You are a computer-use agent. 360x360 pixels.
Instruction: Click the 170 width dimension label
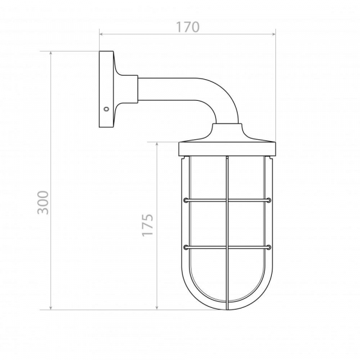[188, 27]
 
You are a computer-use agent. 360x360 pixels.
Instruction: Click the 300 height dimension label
[43, 203]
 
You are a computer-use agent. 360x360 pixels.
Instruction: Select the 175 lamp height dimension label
[148, 225]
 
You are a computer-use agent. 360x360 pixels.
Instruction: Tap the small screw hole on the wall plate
[106, 109]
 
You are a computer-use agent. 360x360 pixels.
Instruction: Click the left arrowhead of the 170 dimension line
[101, 34]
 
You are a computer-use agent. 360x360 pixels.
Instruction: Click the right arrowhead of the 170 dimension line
[274, 34]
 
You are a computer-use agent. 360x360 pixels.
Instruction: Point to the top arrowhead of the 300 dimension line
[51, 53]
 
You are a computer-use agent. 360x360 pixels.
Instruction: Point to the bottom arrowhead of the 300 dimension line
[51, 308]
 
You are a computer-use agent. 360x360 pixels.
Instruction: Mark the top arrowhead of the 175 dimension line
[157, 144]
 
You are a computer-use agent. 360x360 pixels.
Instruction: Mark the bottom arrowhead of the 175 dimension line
[157, 308]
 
